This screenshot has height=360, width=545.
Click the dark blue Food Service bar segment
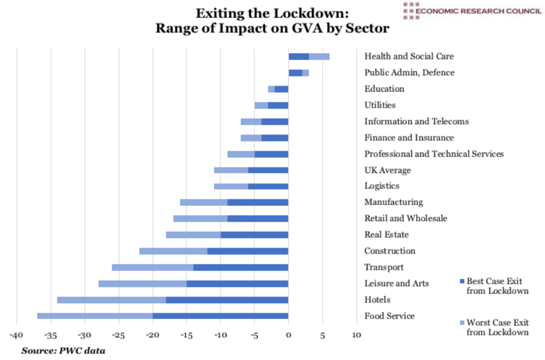tap(220, 316)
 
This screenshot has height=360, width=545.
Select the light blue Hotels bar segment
tap(111, 300)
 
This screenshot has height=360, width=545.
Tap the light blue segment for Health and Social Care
tap(319, 56)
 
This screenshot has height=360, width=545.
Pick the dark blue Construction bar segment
tap(247, 251)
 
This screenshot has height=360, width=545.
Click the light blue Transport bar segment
tap(152, 267)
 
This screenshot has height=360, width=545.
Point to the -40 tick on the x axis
tap(16, 336)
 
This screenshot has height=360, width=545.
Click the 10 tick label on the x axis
tap(356, 336)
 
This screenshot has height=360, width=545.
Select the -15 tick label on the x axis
tap(186, 336)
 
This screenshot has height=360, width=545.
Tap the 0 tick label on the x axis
tap(288, 336)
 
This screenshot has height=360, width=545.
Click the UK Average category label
tap(387, 170)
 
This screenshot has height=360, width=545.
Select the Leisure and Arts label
tap(397, 283)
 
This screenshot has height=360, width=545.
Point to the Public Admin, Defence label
tap(409, 72)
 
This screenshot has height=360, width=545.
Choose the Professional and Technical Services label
tap(434, 154)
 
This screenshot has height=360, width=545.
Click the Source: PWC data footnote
tap(63, 350)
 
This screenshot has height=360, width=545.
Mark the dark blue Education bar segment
tap(281, 89)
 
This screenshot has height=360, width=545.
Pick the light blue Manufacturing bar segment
tap(203, 203)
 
